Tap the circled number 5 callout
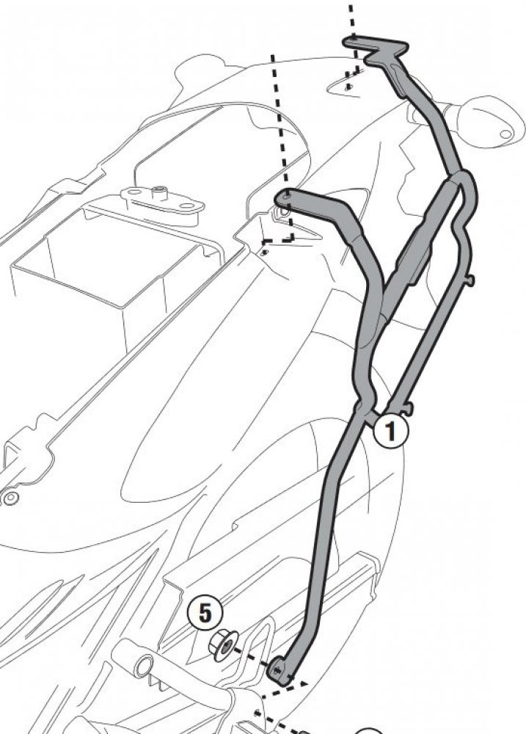205,613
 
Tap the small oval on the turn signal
506,134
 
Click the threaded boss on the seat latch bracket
161,191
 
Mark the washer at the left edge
10,497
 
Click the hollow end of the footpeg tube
144,665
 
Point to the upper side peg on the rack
470,280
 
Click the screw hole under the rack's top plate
347,87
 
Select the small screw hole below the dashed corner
265,252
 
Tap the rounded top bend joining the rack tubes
464,181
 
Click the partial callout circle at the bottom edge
369,731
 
